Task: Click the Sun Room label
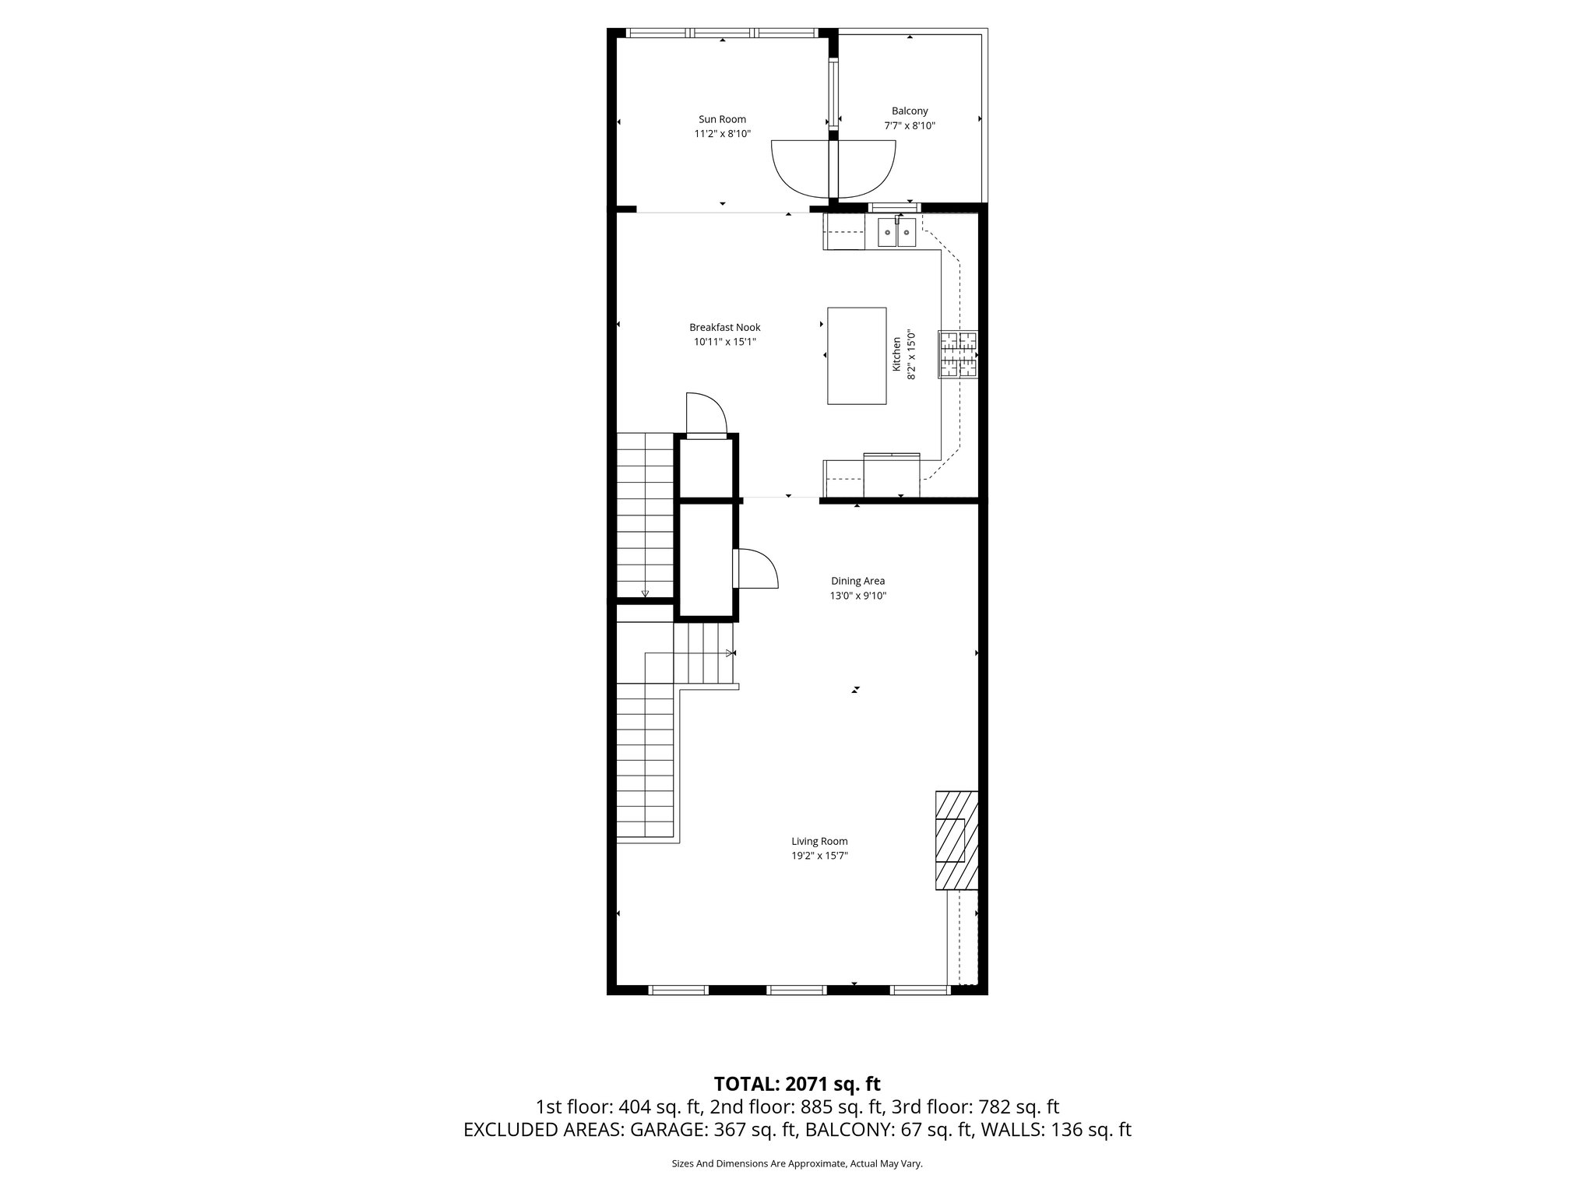pos(722,119)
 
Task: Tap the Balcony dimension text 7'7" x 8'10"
pos(909,125)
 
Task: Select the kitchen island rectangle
pos(856,356)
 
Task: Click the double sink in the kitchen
pos(896,232)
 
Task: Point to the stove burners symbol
pos(957,354)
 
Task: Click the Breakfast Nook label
pos(724,328)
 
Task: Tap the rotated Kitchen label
pos(896,354)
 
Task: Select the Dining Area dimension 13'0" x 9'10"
pos(857,596)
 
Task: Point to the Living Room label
pos(819,841)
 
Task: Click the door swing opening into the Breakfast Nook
pos(706,413)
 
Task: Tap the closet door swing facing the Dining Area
pos(756,568)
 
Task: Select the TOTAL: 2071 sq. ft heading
pos(797,1084)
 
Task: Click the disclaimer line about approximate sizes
pos(797,1163)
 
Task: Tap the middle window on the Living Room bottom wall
pos(796,990)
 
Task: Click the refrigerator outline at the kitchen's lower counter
pos(892,475)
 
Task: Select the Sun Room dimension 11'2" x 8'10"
pos(722,133)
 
